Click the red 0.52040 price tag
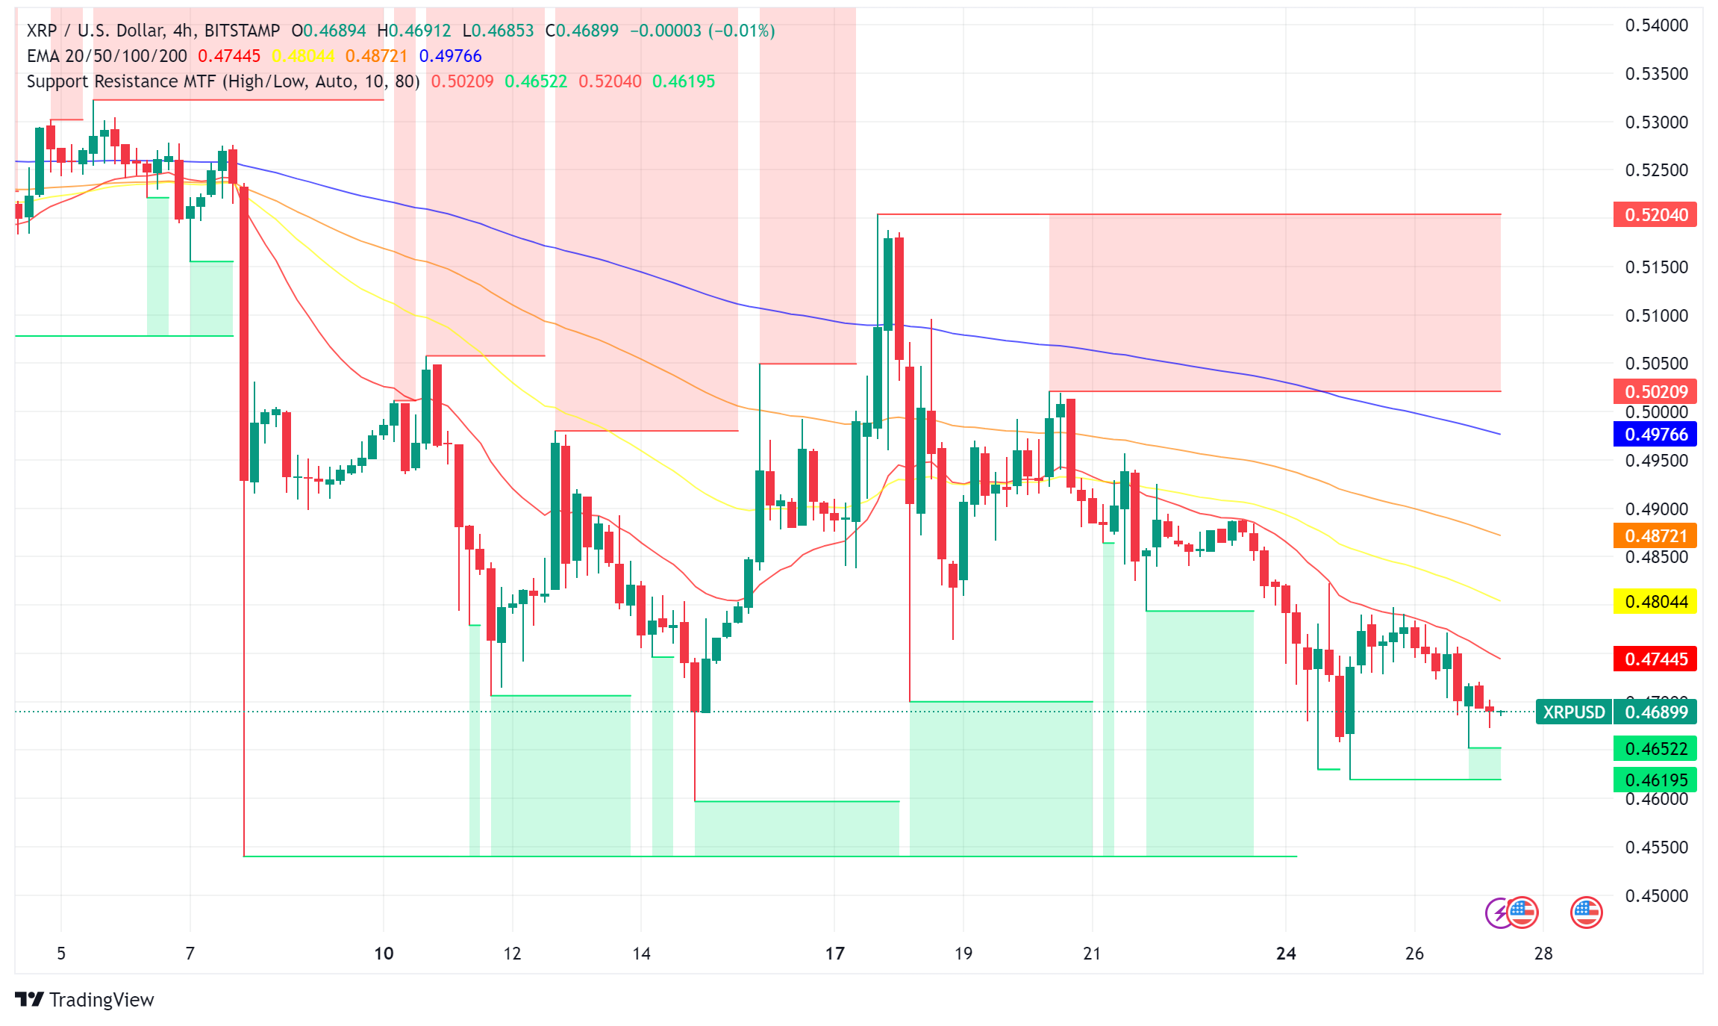1655,215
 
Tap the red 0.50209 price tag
1655,391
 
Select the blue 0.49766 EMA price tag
1655,434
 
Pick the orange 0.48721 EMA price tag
1655,535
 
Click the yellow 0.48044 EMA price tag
1655,601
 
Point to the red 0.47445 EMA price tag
1655,659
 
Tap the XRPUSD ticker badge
1573,712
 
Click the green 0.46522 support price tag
1655,748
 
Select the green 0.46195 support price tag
1655,780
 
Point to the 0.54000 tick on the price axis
1656,25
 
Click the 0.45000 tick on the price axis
1656,895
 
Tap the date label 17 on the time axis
834,954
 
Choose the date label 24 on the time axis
1286,954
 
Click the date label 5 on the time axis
61,954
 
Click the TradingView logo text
101,1000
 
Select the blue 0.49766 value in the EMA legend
450,56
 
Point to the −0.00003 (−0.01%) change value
702,31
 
